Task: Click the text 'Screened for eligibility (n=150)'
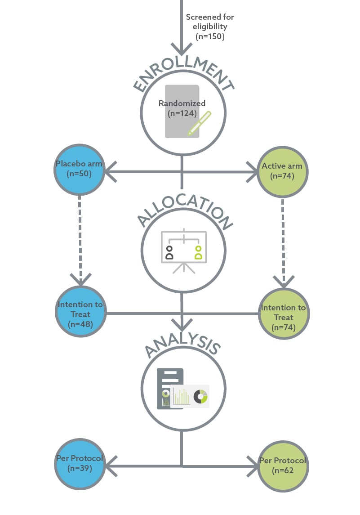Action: [209, 27]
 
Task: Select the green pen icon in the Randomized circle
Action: [199, 123]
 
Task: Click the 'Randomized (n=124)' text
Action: [182, 108]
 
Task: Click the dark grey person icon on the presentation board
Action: [169, 252]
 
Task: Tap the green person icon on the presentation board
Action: [198, 252]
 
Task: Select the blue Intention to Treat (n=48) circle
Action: [80, 311]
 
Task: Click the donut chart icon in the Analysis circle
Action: [200, 396]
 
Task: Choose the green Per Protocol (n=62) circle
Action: [283, 466]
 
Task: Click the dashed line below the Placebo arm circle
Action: [80, 234]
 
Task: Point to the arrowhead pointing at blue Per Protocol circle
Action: [110, 466]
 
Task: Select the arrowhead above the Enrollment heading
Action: [182, 49]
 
